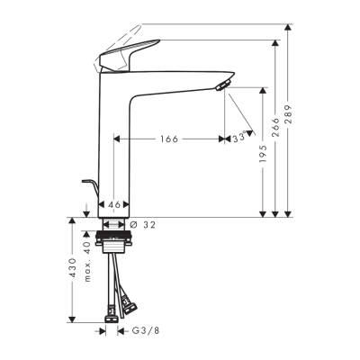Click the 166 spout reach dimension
pos(168,139)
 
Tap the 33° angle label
pos(238,139)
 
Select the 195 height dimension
pos(262,158)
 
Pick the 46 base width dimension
pos(114,205)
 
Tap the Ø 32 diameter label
pos(143,224)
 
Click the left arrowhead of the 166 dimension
pos(118,139)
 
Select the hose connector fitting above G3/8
pos(109,316)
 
